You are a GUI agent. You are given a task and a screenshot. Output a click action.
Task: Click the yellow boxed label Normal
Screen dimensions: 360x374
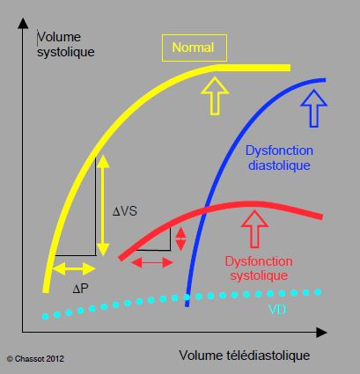point(195,48)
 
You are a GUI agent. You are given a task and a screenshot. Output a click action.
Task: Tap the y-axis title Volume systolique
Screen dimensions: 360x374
point(66,45)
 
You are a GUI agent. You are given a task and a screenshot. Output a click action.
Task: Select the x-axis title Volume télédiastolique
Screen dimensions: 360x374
point(245,356)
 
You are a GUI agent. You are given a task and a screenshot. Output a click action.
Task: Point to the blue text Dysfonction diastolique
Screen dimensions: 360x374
point(279,158)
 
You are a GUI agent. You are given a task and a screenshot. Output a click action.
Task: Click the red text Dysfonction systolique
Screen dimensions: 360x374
point(259,268)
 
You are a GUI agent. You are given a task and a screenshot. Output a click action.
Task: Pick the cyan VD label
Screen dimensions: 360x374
point(277,310)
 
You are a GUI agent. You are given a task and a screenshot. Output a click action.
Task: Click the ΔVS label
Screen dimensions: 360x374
point(125,211)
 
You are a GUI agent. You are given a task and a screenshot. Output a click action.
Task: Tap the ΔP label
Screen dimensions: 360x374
point(80,290)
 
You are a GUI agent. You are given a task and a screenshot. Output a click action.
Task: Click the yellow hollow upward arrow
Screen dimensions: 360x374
point(215,96)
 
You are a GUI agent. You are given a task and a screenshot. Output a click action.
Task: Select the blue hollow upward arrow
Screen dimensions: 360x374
point(314,108)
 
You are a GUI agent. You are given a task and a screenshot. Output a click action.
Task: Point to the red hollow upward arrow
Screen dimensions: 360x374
point(254,229)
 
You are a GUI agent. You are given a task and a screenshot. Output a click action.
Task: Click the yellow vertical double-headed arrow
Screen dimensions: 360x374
point(103,206)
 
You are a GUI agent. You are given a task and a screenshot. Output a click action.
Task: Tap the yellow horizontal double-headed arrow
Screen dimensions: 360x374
point(74,268)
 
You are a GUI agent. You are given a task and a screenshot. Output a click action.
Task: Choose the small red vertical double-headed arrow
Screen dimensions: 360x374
point(180,238)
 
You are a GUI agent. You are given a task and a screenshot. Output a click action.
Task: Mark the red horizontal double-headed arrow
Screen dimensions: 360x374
point(152,262)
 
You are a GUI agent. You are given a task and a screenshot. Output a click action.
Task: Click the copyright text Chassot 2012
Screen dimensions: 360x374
point(35,359)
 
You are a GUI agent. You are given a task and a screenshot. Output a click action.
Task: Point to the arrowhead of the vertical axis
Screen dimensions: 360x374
point(23,23)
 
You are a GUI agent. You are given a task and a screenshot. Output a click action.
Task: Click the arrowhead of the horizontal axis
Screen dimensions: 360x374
point(321,333)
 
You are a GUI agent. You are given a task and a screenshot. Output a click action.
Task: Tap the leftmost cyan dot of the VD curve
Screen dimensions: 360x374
point(45,317)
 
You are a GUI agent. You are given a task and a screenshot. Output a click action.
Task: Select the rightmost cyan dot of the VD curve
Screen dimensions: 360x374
point(318,292)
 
